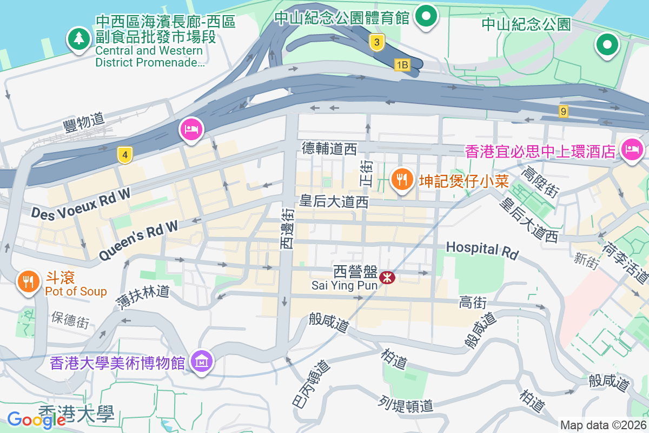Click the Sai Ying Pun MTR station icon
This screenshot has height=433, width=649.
coord(387,278)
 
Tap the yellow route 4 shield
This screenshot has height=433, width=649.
coord(125,155)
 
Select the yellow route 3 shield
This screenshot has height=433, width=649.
coord(378,42)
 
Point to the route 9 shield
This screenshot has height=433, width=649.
coord(564,111)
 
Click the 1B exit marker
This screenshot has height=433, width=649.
coord(402,65)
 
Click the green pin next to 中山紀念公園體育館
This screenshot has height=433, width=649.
coord(427,16)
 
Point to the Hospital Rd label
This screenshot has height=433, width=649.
coord(482,250)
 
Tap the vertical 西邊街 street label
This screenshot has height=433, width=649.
coord(287,229)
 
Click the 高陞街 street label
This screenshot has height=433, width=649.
coord(539,181)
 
